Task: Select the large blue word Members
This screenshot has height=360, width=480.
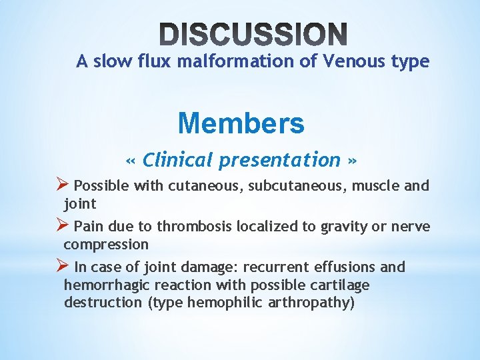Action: coord(241,123)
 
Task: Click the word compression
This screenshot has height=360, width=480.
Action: coord(105,244)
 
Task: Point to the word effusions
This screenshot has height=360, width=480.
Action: coord(346,267)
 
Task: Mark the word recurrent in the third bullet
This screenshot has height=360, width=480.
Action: coord(275,267)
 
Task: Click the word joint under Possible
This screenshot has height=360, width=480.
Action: coord(80,203)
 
